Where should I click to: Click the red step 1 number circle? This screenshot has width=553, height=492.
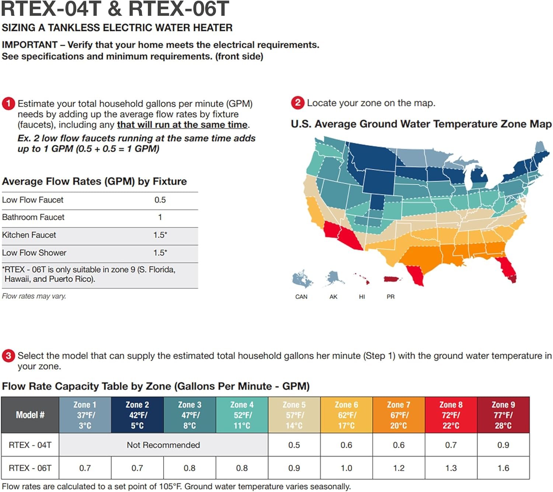8,104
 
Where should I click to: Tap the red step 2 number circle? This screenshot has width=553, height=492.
298,103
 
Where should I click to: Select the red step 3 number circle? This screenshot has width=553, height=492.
8,356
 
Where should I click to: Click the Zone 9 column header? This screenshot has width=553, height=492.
503,415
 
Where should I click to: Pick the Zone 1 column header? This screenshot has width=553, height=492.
85,415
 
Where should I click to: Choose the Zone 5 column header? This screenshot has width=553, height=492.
294,415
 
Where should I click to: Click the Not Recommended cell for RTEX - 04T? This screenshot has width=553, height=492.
163,445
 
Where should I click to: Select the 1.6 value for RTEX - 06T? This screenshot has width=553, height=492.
503,468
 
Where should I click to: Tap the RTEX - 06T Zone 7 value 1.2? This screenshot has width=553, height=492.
399,468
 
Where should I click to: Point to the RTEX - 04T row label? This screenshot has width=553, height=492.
30,445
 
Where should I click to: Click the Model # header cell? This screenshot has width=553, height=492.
30,415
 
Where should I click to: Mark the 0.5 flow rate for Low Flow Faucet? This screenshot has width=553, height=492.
160,200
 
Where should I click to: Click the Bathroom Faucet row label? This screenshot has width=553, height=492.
33,217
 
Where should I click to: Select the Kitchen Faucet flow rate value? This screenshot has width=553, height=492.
160,235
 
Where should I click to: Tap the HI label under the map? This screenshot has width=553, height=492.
362,297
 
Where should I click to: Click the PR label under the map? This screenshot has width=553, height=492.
390,297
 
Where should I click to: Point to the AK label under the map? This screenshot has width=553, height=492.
333,297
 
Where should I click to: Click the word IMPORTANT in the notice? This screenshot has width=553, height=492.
29,45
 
